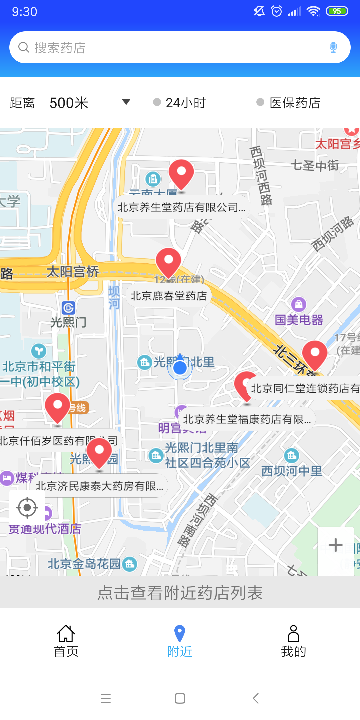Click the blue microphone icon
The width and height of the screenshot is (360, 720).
click(x=333, y=47)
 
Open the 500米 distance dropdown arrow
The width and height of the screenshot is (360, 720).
click(x=126, y=102)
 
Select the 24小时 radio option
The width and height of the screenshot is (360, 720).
click(x=157, y=102)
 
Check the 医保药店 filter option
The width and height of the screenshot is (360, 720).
click(x=260, y=102)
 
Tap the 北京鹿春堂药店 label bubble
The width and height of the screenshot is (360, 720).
click(x=169, y=296)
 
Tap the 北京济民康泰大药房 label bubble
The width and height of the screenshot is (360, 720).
click(x=99, y=486)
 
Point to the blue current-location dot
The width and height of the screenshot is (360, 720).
click(x=180, y=368)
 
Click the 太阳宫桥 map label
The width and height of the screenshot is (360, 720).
click(x=73, y=272)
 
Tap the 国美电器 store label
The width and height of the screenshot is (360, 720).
click(x=299, y=320)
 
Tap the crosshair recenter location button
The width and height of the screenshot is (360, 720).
click(x=27, y=508)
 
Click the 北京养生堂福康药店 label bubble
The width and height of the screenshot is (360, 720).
click(x=247, y=419)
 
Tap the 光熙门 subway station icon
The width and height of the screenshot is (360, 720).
click(x=68, y=308)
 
